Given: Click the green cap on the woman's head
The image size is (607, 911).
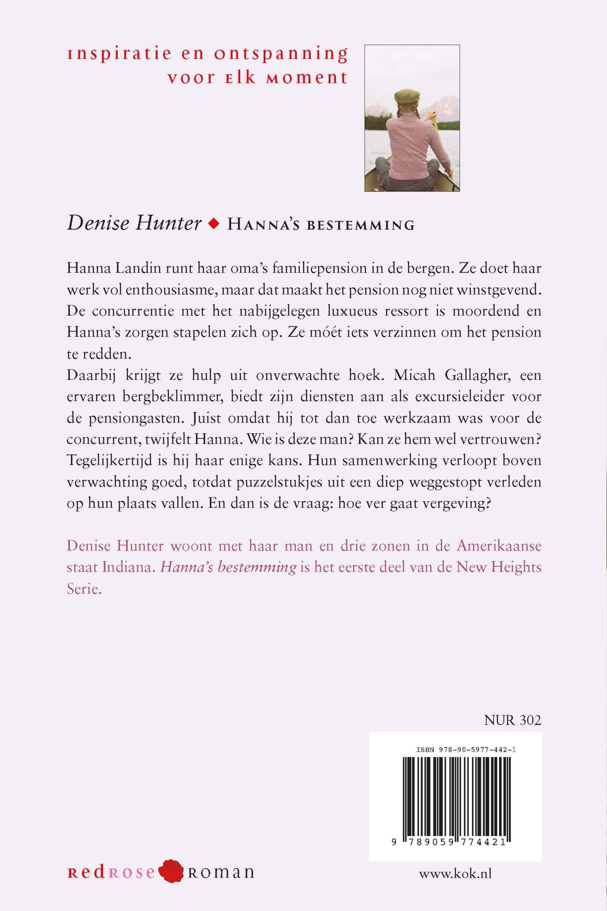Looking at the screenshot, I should tap(407, 96).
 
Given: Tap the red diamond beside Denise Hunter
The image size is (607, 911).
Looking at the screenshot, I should tap(215, 223).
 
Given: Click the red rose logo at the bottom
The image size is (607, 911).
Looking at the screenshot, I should tap(172, 871).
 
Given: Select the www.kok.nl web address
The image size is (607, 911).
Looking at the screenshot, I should tap(455, 874).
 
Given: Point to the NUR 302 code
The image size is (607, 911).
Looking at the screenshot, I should tap(512, 720).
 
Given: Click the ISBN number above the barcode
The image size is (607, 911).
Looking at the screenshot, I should tap(466, 750).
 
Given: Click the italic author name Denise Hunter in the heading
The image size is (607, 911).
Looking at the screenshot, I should tap(135, 223).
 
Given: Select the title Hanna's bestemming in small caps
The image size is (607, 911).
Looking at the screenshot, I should tap(321, 225).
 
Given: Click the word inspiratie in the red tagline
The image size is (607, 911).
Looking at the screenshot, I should tap(119, 54).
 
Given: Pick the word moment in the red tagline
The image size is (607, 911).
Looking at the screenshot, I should tap(306, 78).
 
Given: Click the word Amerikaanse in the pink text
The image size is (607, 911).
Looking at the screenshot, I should tap(499, 546).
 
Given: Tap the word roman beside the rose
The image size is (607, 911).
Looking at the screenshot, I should tap(221, 872).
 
